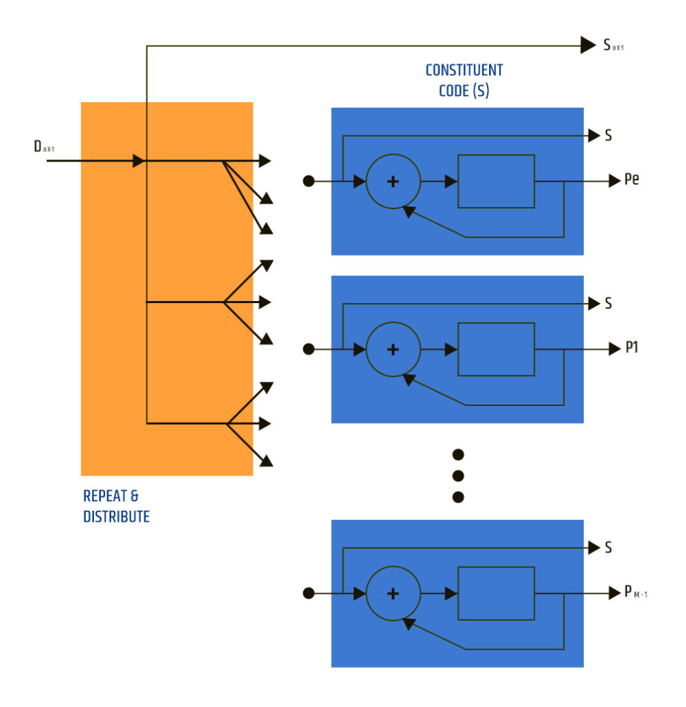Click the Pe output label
click(631, 181)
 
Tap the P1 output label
click(631, 349)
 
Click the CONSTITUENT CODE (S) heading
click(464, 80)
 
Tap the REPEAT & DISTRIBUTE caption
click(116, 506)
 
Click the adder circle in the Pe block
click(393, 181)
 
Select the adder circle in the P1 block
click(393, 349)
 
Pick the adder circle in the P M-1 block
click(393, 593)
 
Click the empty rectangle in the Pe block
click(496, 181)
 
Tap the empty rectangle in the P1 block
click(496, 349)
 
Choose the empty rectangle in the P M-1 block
click(496, 593)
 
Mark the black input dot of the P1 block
click(309, 349)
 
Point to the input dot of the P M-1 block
click(309, 593)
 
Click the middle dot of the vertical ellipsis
click(457, 476)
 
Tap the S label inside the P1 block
click(608, 304)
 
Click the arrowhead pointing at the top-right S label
click(588, 46)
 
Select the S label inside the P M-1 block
click(608, 548)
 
